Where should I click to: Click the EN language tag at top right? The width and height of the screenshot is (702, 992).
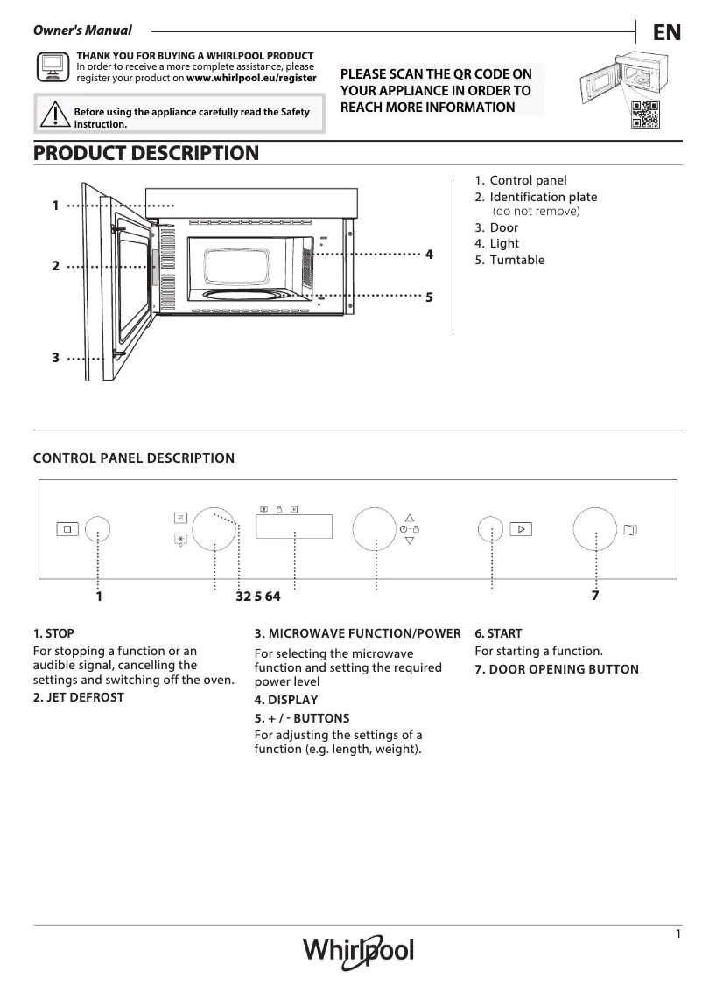click(x=666, y=32)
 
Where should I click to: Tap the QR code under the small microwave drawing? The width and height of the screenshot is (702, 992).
click(x=644, y=114)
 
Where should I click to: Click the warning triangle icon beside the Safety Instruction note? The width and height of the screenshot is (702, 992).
click(x=54, y=115)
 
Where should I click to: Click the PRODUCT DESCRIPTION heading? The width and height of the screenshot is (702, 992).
click(x=146, y=153)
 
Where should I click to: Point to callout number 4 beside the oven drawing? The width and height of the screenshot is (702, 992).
click(x=429, y=255)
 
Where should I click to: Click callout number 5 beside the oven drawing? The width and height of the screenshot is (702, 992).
click(x=429, y=297)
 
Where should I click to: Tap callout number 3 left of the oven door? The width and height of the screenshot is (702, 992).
click(x=55, y=358)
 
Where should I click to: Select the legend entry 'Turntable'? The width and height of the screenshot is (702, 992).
click(x=516, y=260)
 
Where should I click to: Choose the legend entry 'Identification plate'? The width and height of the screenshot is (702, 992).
click(x=543, y=197)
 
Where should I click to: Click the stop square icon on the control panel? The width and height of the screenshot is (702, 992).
click(x=67, y=529)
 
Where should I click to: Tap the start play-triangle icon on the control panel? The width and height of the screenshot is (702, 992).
click(x=520, y=529)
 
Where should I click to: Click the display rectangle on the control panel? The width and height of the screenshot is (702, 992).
click(x=293, y=527)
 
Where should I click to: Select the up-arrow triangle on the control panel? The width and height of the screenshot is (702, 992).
click(x=409, y=517)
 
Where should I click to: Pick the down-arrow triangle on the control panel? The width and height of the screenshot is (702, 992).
click(x=409, y=541)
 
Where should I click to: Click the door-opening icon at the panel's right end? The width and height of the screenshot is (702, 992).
click(x=631, y=529)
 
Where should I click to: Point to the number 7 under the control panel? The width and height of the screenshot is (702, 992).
click(x=595, y=596)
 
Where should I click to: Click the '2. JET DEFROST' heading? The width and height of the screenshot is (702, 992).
click(x=79, y=697)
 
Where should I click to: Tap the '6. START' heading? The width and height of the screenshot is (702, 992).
click(x=498, y=633)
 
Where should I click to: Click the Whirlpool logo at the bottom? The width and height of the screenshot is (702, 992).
click(x=358, y=951)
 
